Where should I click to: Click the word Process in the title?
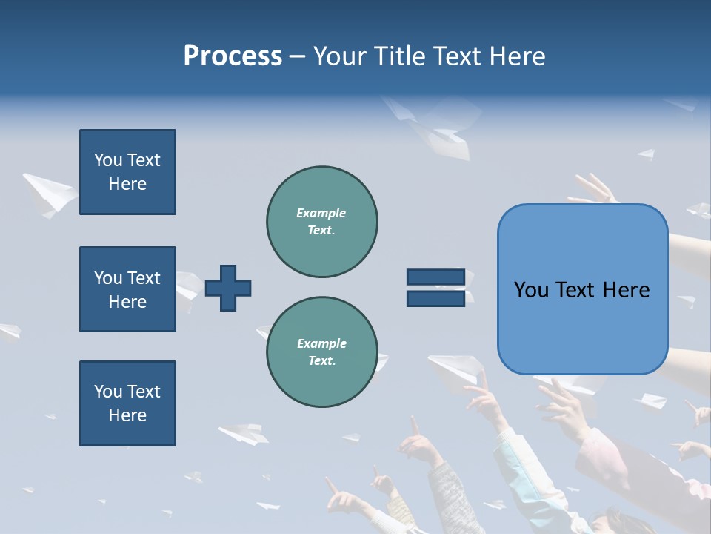[233, 56]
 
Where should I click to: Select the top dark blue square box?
[127, 172]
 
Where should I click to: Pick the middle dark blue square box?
[127, 289]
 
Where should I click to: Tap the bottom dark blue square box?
[127, 403]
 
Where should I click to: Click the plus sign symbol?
[228, 288]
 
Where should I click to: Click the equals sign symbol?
[435, 288]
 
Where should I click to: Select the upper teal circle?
[321, 222]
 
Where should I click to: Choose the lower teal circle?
[321, 352]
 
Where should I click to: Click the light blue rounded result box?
[582, 289]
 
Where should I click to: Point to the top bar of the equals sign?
[435, 277]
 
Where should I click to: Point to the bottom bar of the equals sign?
[435, 298]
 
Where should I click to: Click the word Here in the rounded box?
[626, 290]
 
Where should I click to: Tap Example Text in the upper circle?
[321, 222]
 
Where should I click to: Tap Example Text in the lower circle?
[321, 352]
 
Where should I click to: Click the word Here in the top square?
[127, 184]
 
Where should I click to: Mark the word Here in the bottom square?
[127, 415]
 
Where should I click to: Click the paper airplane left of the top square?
[49, 194]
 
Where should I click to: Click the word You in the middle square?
[107, 278]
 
